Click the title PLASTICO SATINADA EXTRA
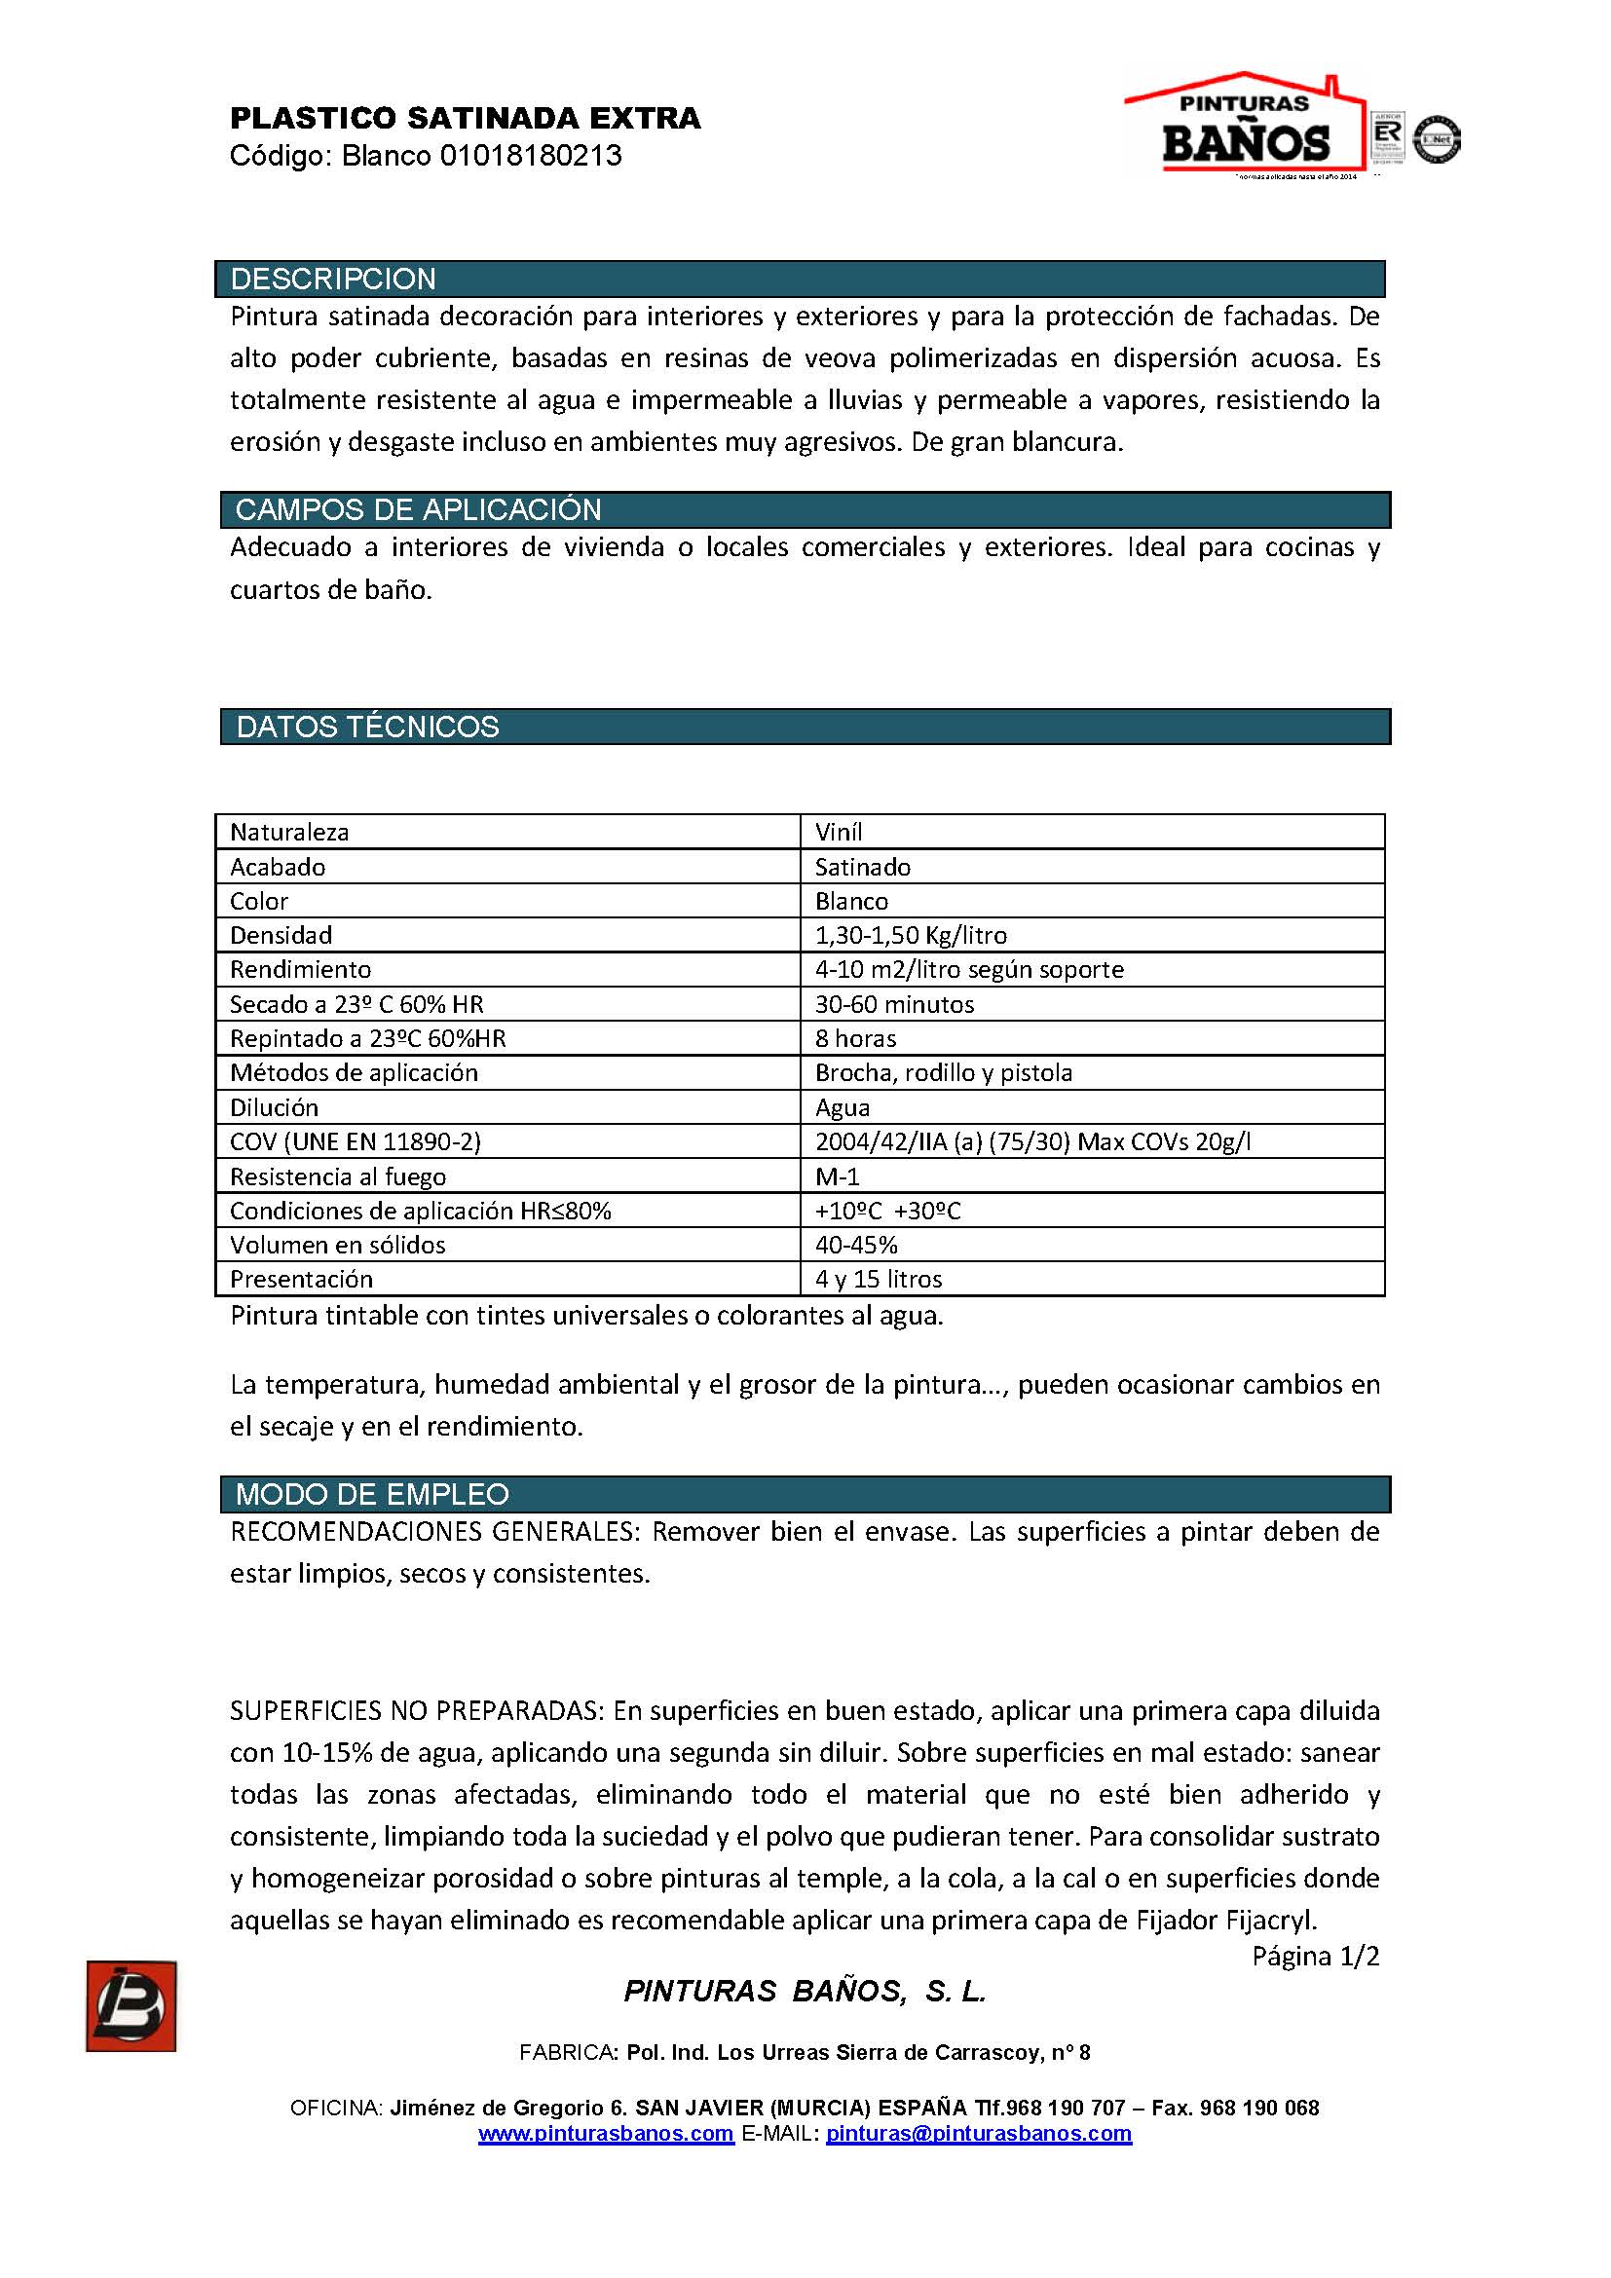466,119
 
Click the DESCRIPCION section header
333,279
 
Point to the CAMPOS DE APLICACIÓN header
418,510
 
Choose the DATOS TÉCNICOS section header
367,728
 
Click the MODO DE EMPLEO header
372,1494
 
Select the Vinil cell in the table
840,833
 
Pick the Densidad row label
281,936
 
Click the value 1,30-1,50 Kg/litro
911,936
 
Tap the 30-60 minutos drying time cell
895,1004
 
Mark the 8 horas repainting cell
855,1039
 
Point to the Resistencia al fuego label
338,1176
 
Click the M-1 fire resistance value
838,1176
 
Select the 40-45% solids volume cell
856,1246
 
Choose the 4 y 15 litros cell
879,1280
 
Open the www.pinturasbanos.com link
606,2134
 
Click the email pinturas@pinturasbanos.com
978,2134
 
